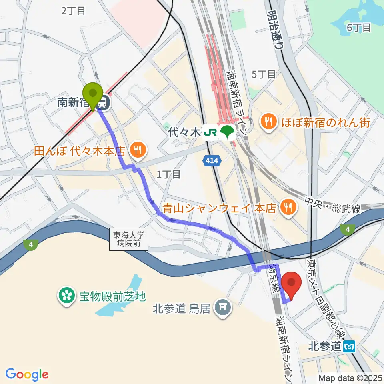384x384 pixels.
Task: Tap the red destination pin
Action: coord(292,285)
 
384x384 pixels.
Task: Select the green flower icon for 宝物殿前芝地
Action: coord(66,296)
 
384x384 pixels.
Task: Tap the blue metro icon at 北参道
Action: coord(350,346)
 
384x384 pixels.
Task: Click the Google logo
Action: coord(27,374)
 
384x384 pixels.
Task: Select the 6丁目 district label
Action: coord(359,28)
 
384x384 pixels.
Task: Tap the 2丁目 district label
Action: coord(73,11)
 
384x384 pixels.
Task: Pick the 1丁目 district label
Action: coord(168,174)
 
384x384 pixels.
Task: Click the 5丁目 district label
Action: coord(263,74)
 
